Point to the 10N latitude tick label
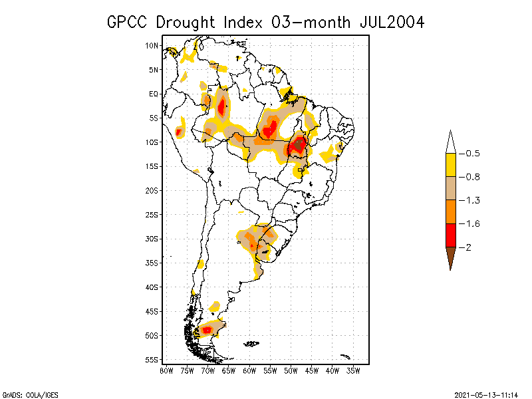click(x=152, y=45)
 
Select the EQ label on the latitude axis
click(x=154, y=94)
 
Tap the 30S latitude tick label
click(x=152, y=239)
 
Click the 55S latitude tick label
click(x=152, y=360)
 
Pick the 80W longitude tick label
click(x=166, y=370)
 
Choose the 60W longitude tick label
click(x=249, y=370)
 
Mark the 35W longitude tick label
click(x=354, y=370)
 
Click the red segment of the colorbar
click(x=451, y=235)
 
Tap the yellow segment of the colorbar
click(x=451, y=165)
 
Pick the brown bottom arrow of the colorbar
click(x=451, y=257)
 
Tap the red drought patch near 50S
click(x=207, y=330)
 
